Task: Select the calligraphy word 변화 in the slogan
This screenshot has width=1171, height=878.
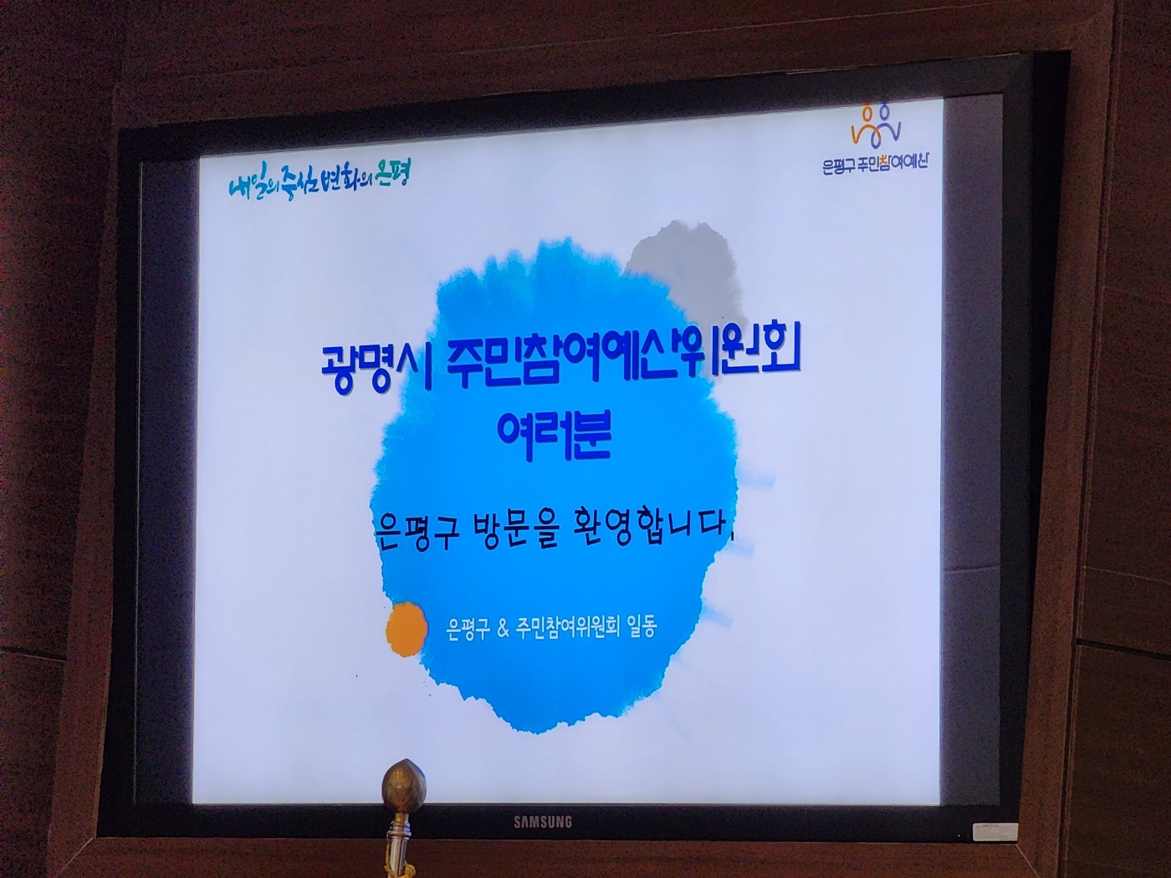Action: [x=332, y=181]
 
